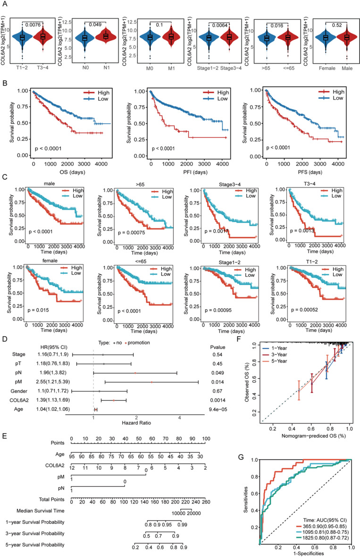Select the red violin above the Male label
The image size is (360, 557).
point(339,37)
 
